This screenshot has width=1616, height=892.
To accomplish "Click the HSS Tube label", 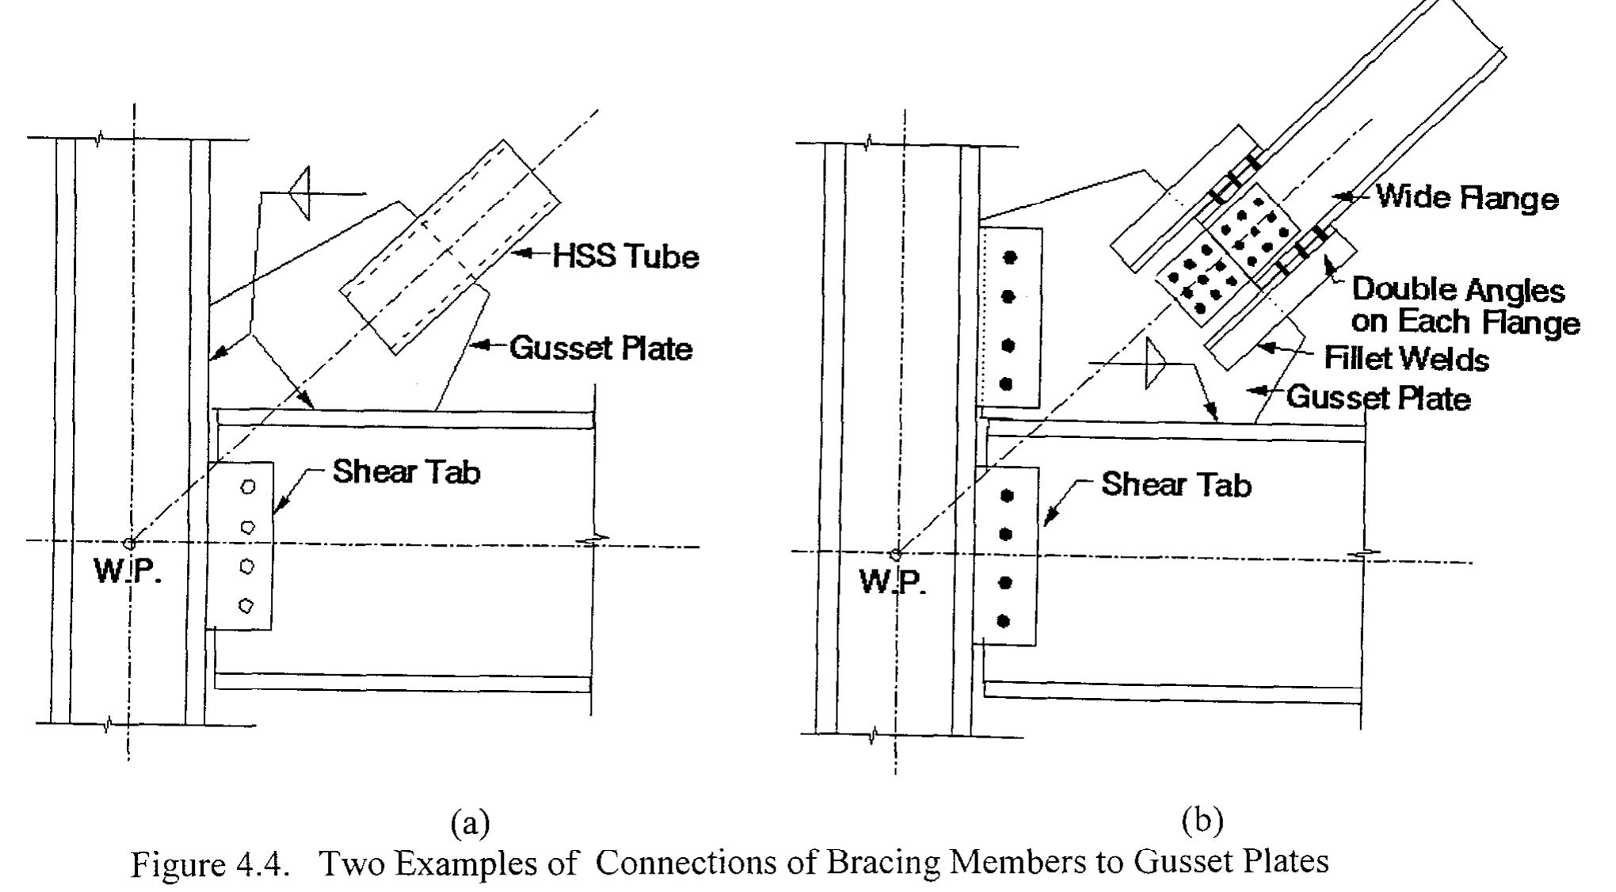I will [x=626, y=257].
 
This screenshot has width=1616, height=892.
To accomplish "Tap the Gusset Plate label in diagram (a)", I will [x=600, y=349].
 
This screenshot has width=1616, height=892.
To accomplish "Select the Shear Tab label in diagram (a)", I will [x=406, y=472].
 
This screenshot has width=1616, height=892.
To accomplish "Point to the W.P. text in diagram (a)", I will [x=128, y=570].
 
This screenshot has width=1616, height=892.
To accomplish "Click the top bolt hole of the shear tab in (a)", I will [x=248, y=487].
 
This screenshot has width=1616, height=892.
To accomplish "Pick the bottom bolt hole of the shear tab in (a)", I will [x=246, y=605].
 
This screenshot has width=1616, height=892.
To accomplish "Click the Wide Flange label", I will [x=1466, y=197].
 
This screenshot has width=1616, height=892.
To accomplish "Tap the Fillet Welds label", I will [x=1406, y=360].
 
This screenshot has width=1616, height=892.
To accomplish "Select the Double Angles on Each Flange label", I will [x=1464, y=307].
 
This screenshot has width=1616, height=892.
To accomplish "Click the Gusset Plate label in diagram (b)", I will [x=1378, y=397].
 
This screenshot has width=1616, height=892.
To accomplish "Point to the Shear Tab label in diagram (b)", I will [x=1176, y=485].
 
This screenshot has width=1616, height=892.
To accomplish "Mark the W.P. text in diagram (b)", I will [x=893, y=582].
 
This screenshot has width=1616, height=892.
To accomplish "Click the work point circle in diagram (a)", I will [x=129, y=543].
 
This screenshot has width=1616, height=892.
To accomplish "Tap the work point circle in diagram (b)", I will [x=895, y=553].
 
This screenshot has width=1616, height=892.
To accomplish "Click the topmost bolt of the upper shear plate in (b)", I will [x=1009, y=257].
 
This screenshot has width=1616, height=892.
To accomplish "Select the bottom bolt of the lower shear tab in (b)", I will [x=1004, y=621].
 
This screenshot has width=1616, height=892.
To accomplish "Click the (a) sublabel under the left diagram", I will [x=471, y=824].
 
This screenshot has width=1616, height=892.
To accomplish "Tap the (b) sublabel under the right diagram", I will [x=1202, y=821].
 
